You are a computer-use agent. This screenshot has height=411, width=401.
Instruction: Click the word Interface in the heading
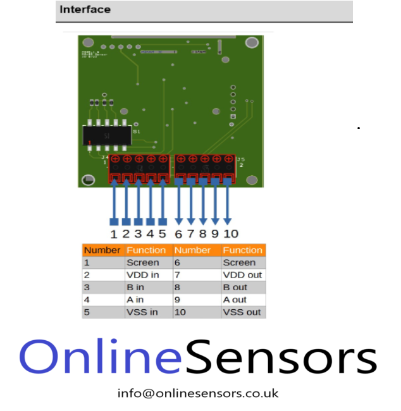click(x=85, y=9)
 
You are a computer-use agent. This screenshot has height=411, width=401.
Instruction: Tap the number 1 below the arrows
click(x=114, y=234)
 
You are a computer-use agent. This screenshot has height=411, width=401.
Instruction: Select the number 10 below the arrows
click(x=231, y=234)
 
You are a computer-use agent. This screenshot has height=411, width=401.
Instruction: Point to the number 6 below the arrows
click(x=178, y=234)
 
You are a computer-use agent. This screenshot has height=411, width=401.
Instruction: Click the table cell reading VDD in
click(x=142, y=275)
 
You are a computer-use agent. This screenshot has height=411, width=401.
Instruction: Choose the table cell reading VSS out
click(x=242, y=312)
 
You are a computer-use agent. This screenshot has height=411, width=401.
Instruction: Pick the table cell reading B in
click(x=135, y=288)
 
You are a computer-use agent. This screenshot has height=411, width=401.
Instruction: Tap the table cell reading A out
click(x=235, y=300)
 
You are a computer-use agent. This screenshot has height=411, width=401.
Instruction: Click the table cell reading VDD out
click(x=242, y=275)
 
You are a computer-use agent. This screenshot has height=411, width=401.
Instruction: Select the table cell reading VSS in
click(x=142, y=312)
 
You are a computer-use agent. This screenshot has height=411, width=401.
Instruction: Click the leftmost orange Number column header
click(x=102, y=250)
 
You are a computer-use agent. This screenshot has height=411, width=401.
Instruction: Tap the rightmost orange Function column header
click(x=242, y=250)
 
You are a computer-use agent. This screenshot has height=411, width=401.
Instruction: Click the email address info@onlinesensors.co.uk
click(x=198, y=393)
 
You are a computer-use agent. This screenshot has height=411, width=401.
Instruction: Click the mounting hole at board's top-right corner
click(x=252, y=43)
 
